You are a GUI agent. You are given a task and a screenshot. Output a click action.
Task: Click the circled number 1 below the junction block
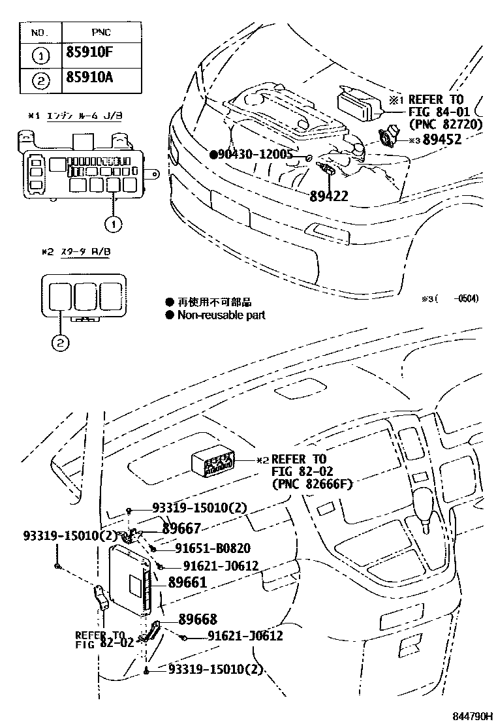coord(113,224)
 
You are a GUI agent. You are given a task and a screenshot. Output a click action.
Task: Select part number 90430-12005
coord(256,154)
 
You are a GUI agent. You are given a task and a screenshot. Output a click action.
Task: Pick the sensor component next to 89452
coord(390,137)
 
